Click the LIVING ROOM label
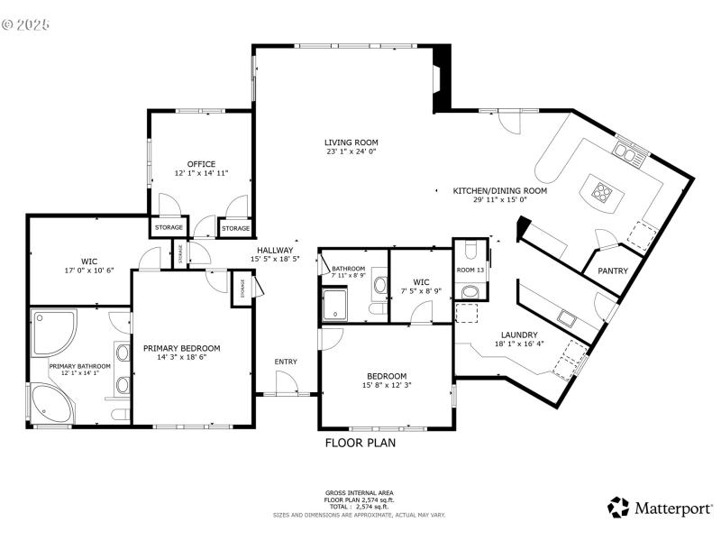click(351, 142)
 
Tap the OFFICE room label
click(201, 164)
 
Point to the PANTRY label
click(600, 270)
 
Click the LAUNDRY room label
click(519, 335)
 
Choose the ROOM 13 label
click(470, 270)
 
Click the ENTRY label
click(286, 362)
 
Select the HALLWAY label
click(274, 251)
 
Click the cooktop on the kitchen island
click(601, 190)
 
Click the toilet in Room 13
click(470, 291)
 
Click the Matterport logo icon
click(618, 508)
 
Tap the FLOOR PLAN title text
click(360, 444)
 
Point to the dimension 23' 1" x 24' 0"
click(351, 152)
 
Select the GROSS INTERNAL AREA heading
click(360, 493)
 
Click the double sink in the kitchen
click(626, 151)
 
